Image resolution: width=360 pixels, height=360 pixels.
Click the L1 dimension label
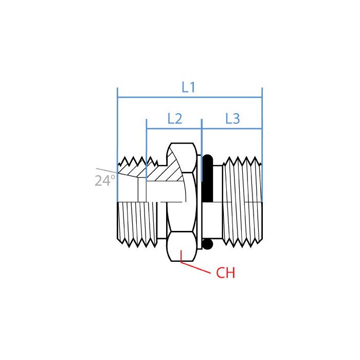click(189, 87)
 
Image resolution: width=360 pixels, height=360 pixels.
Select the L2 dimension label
click(175, 119)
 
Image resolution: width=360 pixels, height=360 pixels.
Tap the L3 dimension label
click(232, 119)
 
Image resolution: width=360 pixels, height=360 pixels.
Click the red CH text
click(225, 273)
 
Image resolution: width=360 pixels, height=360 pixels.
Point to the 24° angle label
click(105, 181)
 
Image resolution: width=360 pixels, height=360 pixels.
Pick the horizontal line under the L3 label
click(232, 129)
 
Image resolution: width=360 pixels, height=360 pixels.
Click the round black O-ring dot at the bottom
click(207, 244)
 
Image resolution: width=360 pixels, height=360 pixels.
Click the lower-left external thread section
click(136, 224)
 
